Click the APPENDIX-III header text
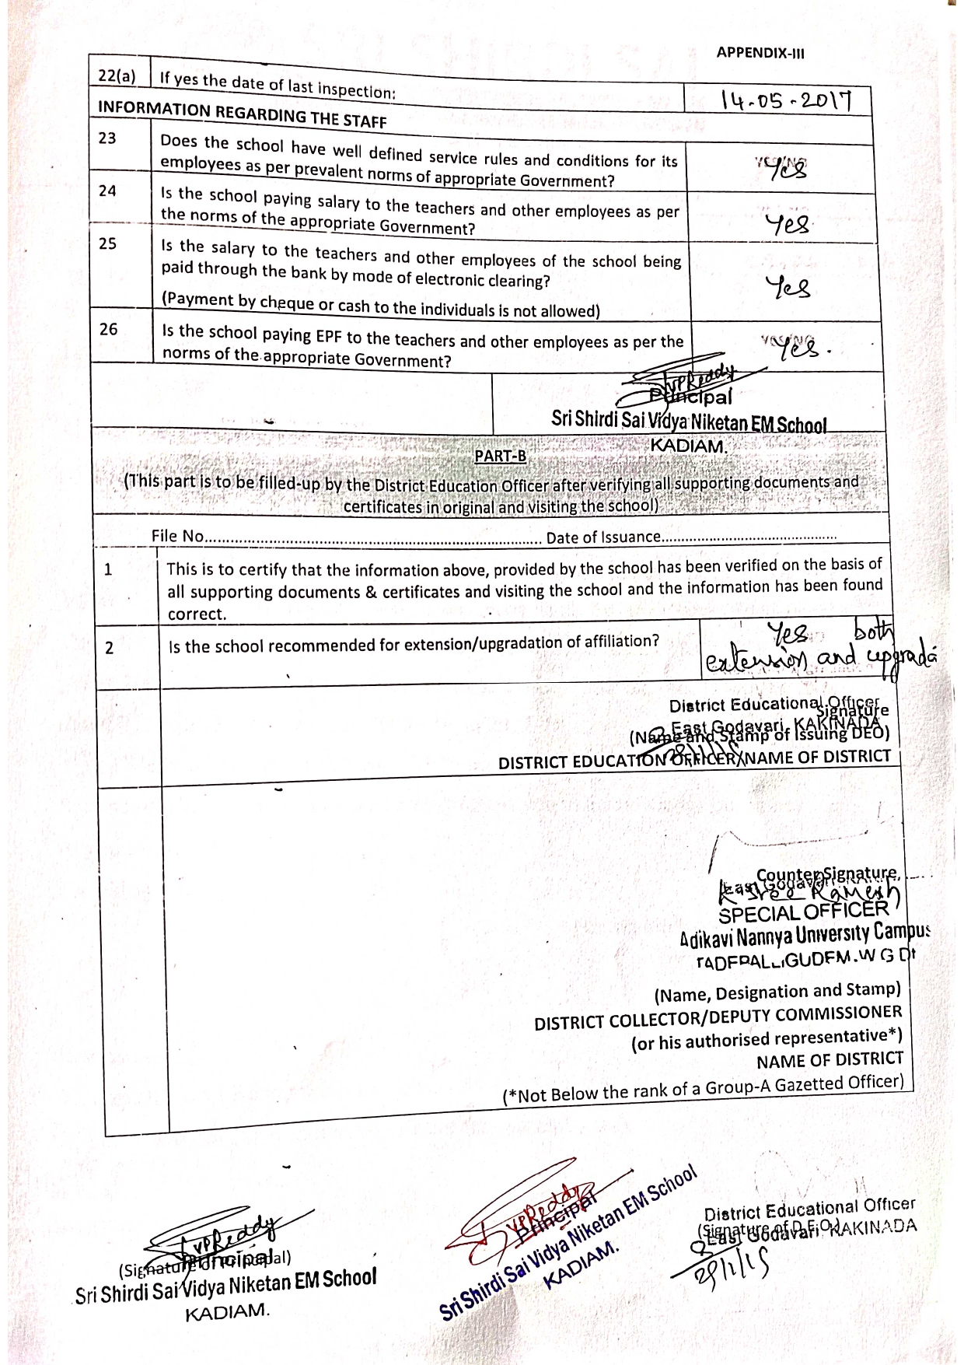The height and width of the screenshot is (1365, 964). [x=760, y=53]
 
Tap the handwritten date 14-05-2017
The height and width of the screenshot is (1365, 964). [x=786, y=101]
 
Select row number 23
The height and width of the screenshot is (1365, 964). [x=107, y=138]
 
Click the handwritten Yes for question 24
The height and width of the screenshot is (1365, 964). [x=788, y=226]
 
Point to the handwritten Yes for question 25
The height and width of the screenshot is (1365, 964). [x=788, y=287]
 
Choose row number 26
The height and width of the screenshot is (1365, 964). [x=108, y=329]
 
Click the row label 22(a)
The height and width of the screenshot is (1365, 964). [x=117, y=76]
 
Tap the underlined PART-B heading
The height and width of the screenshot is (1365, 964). [x=500, y=457]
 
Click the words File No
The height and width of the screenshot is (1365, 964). [x=177, y=536]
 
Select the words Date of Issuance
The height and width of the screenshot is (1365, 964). [x=602, y=537]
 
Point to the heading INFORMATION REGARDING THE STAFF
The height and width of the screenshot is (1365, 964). [x=242, y=114]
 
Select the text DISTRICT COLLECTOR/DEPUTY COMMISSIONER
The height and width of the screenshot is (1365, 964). [x=718, y=1018]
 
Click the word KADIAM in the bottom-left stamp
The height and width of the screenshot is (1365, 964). [x=227, y=1311]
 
